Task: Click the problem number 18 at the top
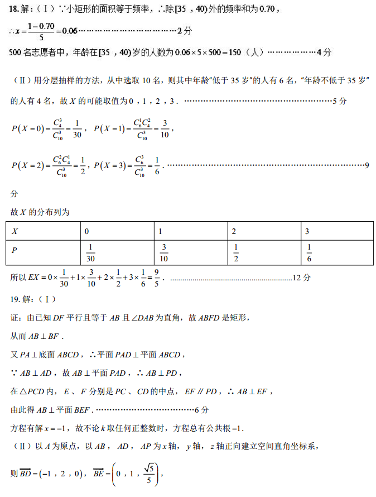point(15,8)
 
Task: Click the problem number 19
point(16,299)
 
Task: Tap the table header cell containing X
point(15,231)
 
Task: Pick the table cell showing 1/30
point(91,253)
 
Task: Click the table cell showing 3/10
point(164,253)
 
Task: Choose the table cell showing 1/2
point(236,253)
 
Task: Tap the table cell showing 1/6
point(309,253)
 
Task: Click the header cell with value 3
point(307,231)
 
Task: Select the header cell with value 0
point(86,231)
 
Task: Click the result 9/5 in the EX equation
point(157,277)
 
